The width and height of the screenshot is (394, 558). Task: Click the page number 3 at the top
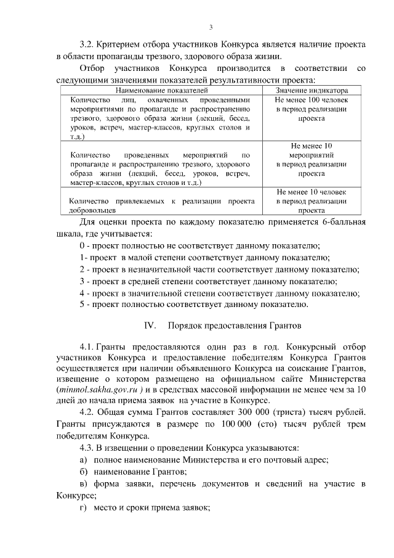point(211,27)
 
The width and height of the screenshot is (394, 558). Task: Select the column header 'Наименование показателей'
point(160,90)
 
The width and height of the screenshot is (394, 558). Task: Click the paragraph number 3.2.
point(90,44)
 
